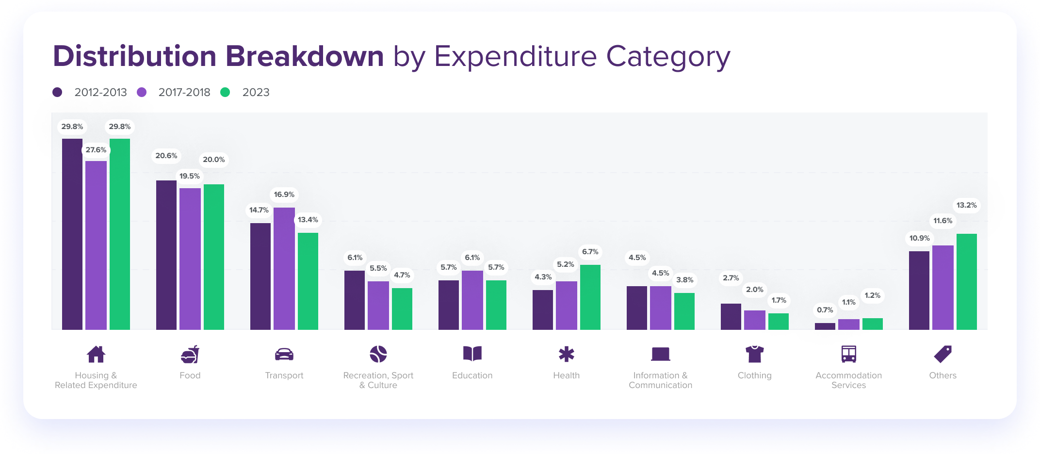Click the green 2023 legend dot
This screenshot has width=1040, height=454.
[x=225, y=92]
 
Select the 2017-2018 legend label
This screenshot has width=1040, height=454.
[x=184, y=92]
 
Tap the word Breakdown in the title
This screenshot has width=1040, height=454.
[x=305, y=56]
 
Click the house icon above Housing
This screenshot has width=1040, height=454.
[x=96, y=354]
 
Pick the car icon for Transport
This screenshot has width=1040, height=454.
[x=284, y=355]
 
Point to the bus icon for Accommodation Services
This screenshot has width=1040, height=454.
[x=849, y=354]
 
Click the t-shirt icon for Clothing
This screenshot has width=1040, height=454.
[x=755, y=354]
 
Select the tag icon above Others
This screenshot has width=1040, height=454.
[x=943, y=354]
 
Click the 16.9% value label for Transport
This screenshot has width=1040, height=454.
[x=284, y=195]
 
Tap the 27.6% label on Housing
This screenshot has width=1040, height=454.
[x=96, y=150]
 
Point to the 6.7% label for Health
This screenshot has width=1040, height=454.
[x=590, y=252]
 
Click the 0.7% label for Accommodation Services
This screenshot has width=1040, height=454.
[x=825, y=310]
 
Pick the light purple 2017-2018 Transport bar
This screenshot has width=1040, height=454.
[x=284, y=269]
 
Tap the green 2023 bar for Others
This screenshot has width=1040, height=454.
[x=967, y=282]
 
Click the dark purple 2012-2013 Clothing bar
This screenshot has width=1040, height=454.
[x=731, y=317]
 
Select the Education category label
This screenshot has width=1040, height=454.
[x=472, y=375]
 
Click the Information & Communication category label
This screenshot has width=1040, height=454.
[x=661, y=380]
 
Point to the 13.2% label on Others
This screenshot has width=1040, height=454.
[x=967, y=205]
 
